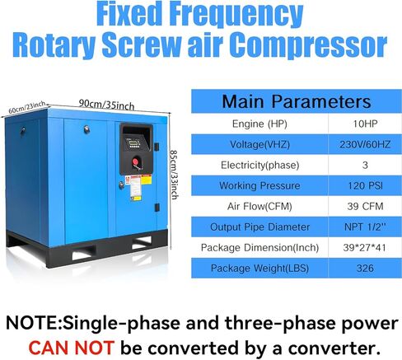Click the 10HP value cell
365,124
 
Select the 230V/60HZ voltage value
365,144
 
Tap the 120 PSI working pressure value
365,185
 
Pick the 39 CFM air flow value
365,206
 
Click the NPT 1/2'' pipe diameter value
365,227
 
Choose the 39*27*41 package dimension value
364,247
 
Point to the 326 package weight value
365,268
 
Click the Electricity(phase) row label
259,165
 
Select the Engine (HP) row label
259,124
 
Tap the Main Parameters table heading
297,101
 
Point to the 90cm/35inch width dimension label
106,105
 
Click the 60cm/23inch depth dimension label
26,107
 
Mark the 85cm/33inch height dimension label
175,175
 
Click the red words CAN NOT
71,348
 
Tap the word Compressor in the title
308,44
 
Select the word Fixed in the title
129,14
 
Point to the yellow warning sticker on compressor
146,180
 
